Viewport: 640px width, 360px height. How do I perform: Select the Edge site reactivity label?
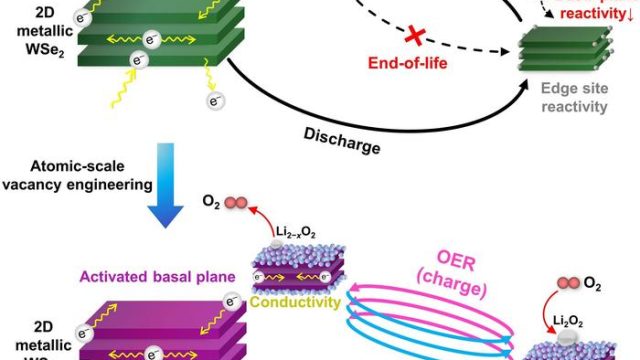point(573,97)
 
